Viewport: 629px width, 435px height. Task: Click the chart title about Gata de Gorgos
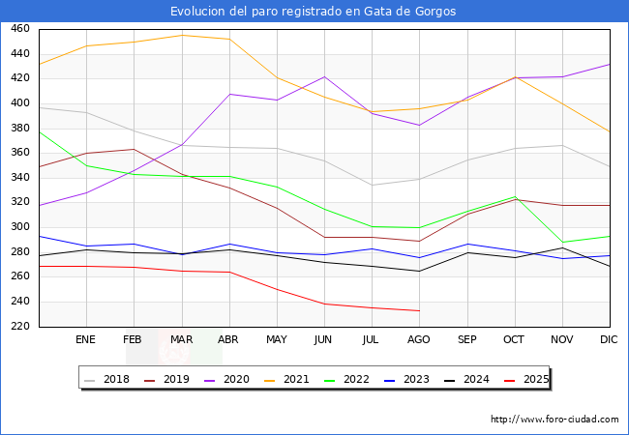314,11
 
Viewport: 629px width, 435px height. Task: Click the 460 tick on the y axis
19,29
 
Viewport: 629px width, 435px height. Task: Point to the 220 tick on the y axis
19,327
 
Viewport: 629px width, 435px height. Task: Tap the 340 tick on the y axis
19,178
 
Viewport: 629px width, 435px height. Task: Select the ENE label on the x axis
86,339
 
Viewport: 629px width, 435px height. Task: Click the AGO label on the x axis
419,339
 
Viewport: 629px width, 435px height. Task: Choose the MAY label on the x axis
277,339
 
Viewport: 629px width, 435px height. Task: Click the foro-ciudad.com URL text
554,420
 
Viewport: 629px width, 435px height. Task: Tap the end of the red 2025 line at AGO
419,310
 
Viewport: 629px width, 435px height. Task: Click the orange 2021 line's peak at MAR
182,35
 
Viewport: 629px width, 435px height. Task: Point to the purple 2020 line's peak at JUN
324,76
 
